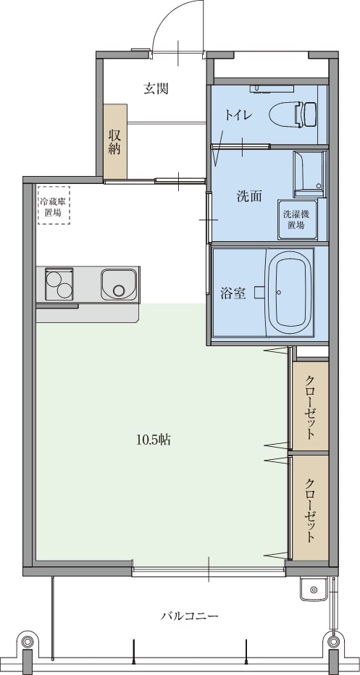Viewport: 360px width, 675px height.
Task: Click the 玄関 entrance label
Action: click(x=156, y=88)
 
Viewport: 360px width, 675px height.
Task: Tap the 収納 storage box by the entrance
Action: click(x=115, y=141)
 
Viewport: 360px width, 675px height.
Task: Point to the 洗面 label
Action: click(x=249, y=196)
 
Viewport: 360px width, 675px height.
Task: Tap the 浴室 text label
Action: click(x=233, y=293)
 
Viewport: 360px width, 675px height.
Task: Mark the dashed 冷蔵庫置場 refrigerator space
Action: click(x=54, y=205)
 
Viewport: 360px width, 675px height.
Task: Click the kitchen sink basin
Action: click(x=119, y=284)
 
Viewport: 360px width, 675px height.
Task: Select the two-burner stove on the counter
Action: click(x=59, y=284)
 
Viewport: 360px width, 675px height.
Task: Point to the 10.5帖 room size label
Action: click(x=154, y=440)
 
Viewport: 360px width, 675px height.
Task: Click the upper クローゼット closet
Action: click(x=310, y=406)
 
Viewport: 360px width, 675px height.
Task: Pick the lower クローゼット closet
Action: click(x=310, y=508)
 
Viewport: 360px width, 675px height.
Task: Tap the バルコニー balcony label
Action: click(x=190, y=616)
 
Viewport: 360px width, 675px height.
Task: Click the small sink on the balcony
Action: click(x=314, y=589)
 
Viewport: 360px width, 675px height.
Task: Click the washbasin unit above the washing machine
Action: click(x=308, y=171)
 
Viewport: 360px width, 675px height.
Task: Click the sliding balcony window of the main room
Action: click(x=209, y=572)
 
